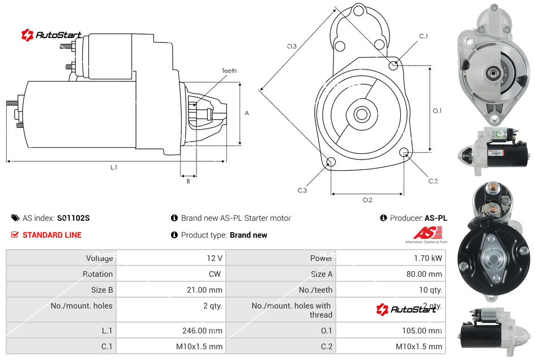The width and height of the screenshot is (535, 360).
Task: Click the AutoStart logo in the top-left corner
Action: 52,35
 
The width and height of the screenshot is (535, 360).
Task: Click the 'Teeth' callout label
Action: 229,71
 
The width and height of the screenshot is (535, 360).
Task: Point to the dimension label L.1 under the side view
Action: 114,167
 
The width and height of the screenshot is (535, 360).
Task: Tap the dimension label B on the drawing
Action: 188,181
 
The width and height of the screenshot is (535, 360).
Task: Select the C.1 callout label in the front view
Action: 423,36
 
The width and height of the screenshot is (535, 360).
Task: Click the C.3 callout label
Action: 302,190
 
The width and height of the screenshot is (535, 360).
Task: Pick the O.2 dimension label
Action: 367,199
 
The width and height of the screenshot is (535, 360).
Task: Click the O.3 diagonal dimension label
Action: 292,46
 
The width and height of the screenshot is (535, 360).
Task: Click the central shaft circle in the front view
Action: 361,114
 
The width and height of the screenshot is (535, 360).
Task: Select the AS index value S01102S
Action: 74,218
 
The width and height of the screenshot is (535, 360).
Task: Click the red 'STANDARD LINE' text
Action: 52,235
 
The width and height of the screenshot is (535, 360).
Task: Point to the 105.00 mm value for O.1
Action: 421,331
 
